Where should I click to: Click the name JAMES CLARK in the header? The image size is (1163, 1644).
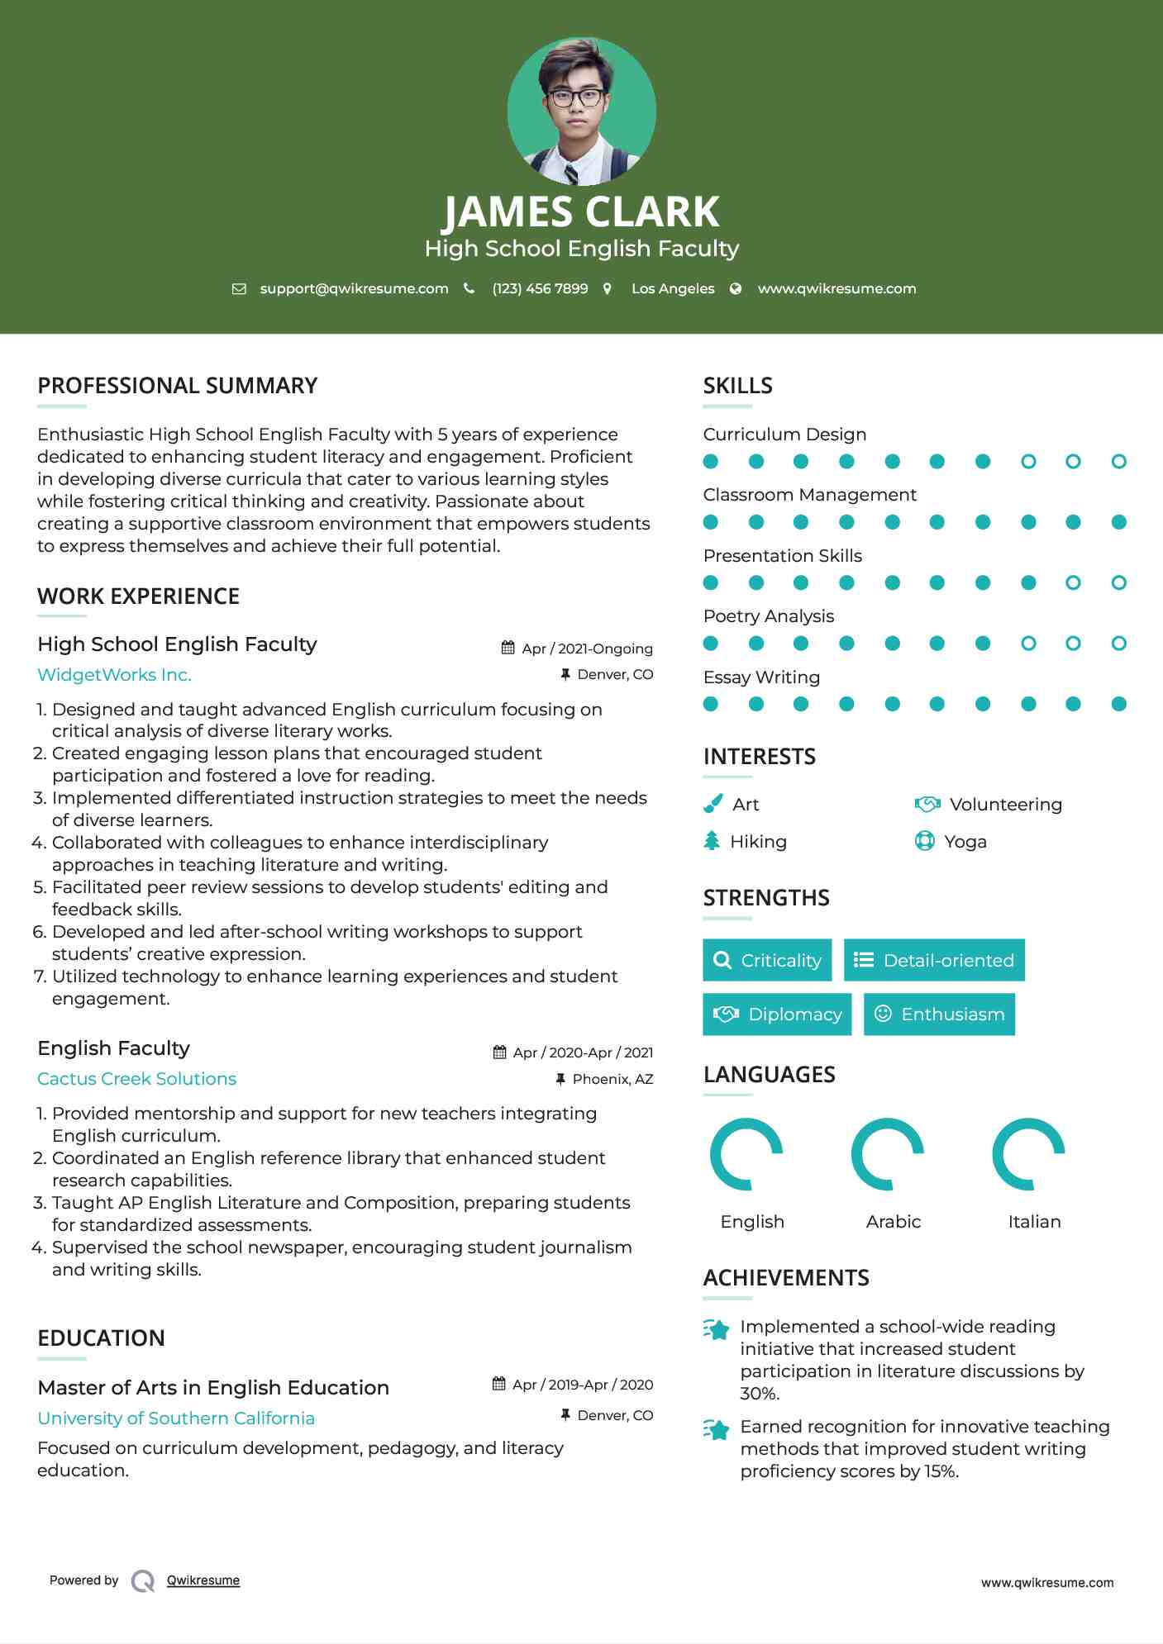pos(581,212)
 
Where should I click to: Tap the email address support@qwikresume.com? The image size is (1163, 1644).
pos(354,288)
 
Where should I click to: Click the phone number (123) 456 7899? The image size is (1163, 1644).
pos(540,288)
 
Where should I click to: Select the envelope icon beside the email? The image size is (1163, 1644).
pos(239,288)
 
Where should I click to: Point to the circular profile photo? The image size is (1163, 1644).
pos(581,112)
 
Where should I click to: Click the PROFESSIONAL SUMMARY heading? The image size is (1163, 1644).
pos(178,386)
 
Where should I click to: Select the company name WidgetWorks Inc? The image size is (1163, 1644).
pos(114,675)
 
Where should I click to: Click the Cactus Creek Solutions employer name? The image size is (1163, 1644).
pos(136,1079)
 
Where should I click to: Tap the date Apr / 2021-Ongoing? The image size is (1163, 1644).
pos(587,649)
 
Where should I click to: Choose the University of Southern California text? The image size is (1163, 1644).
pos(176,1418)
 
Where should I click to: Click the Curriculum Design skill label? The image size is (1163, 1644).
pos(784,435)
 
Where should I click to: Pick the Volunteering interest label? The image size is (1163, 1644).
pos(1005,805)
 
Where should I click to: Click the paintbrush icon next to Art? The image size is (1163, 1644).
pos(713,804)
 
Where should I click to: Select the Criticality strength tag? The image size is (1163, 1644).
pos(767,960)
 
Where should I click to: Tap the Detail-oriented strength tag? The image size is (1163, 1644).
pos(934,960)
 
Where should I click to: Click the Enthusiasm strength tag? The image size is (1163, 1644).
pos(939,1014)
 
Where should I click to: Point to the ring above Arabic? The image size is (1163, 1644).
pos(887,1154)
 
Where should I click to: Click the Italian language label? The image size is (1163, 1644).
pos(1034,1222)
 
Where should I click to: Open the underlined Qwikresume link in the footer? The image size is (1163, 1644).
pos(203,1580)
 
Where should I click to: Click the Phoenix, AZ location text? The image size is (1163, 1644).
pos(612,1079)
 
